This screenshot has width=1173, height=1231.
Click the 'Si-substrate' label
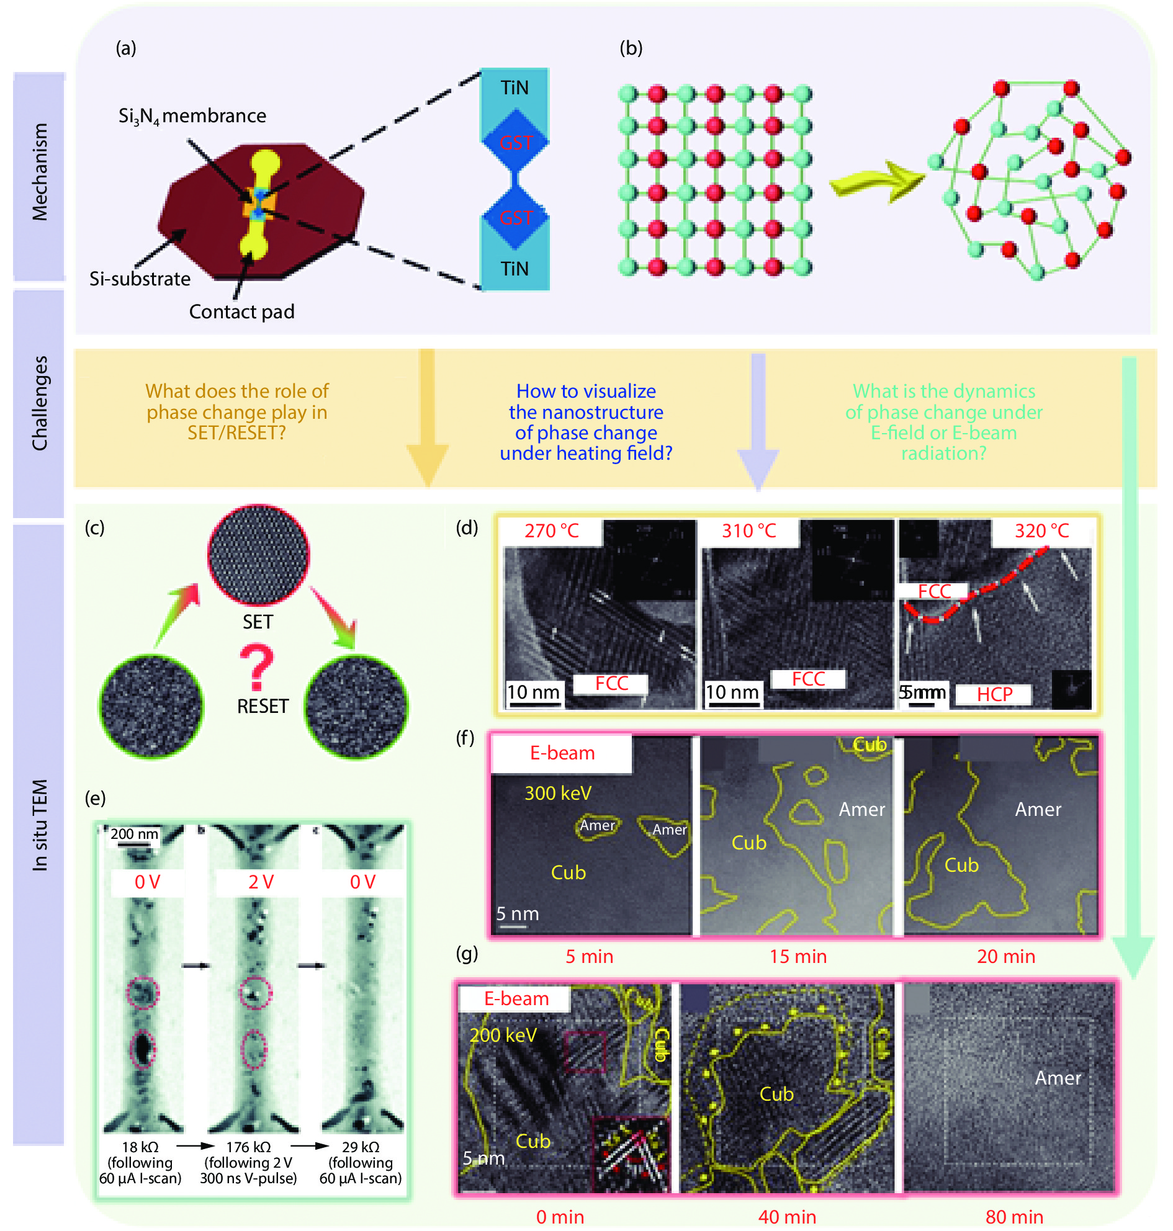pyautogui.click(x=140, y=278)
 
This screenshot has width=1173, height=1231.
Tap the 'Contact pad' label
pyautogui.click(x=241, y=311)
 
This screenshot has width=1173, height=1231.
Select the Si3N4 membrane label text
pyautogui.click(x=192, y=116)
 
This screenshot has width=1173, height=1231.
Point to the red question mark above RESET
pyautogui.click(x=256, y=668)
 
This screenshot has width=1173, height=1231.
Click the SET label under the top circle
pyautogui.click(x=258, y=622)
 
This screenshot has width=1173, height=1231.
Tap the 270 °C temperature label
pyautogui.click(x=552, y=530)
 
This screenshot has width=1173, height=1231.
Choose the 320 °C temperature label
pyautogui.click(x=1041, y=530)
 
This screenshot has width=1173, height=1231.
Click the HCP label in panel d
pyautogui.click(x=994, y=694)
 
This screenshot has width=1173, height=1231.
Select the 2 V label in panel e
pyautogui.click(x=261, y=882)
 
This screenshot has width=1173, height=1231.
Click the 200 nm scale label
pyautogui.click(x=135, y=834)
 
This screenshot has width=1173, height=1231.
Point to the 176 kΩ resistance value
pyautogui.click(x=248, y=1147)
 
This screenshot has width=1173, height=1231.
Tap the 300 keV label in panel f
pyautogui.click(x=558, y=794)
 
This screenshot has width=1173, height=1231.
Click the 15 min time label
pyautogui.click(x=798, y=957)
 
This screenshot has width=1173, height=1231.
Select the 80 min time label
pyautogui.click(x=1013, y=1217)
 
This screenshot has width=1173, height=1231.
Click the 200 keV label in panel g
pyautogui.click(x=503, y=1036)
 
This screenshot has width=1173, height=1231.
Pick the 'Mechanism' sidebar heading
pyautogui.click(x=39, y=172)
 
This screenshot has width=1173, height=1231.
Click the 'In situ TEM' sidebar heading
pyautogui.click(x=39, y=825)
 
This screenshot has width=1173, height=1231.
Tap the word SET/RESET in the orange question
pyautogui.click(x=236, y=432)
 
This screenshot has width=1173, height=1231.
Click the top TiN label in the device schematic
pyautogui.click(x=514, y=88)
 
